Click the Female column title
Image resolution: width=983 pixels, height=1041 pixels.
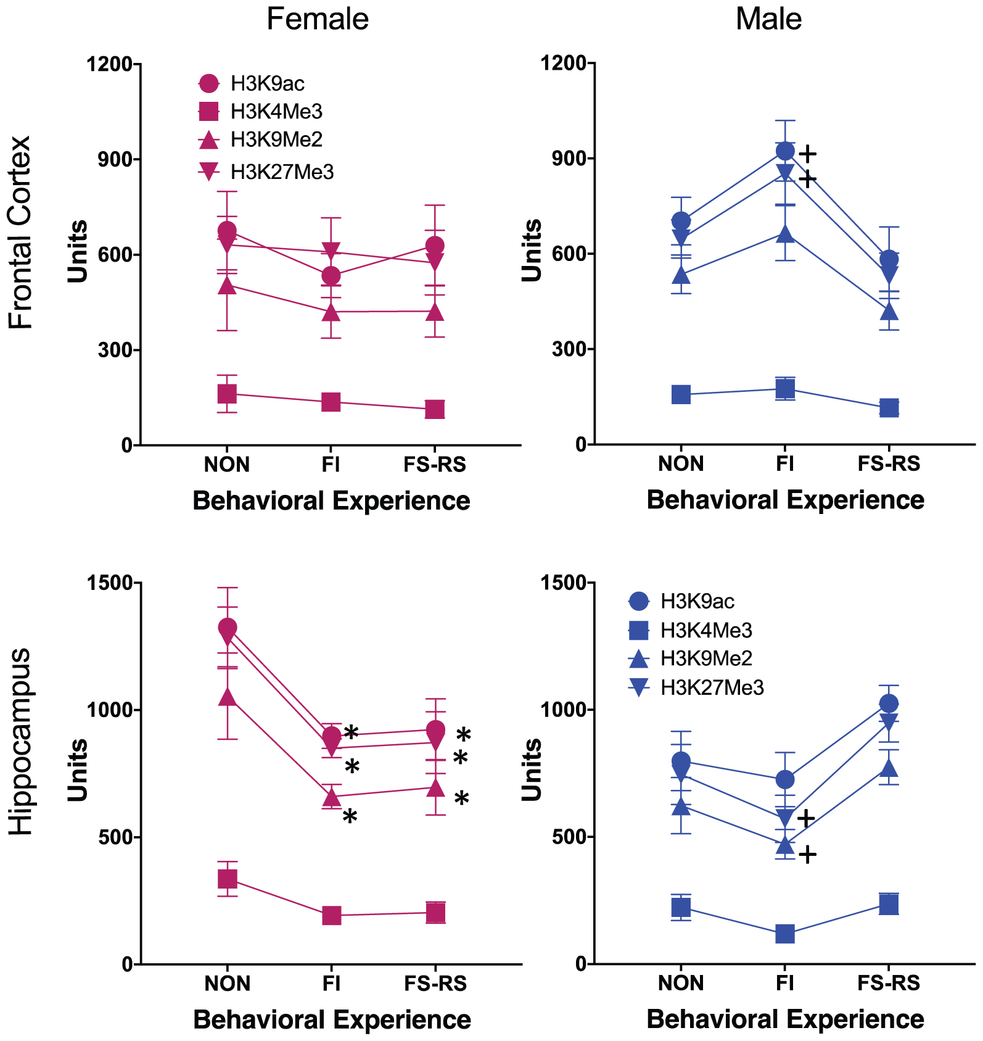click(x=318, y=19)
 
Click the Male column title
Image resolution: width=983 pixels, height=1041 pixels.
click(x=768, y=19)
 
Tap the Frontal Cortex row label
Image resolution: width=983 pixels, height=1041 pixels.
click(x=20, y=233)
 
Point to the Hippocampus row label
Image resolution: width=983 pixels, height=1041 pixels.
click(x=20, y=740)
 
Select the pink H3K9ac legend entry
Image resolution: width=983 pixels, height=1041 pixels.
click(x=267, y=83)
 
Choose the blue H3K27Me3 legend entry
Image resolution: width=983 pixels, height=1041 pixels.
click(x=712, y=687)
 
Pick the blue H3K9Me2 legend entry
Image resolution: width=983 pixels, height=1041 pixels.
click(x=706, y=658)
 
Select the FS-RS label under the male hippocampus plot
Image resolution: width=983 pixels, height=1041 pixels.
click(x=889, y=983)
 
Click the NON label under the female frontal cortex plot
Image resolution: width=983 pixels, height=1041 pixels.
click(x=227, y=464)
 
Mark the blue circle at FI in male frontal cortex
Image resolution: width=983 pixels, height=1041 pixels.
click(x=785, y=151)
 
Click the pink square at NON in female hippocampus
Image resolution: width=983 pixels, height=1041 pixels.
click(x=228, y=879)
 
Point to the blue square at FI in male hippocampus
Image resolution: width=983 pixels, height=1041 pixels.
click(x=785, y=934)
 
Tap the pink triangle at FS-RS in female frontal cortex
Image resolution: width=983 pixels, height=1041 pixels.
click(x=435, y=312)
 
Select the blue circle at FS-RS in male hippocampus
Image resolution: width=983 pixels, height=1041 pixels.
click(x=889, y=703)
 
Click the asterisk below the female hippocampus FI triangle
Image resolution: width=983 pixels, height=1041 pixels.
click(x=350, y=818)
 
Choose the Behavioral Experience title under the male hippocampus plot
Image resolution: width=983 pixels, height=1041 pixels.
click(x=785, y=1019)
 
